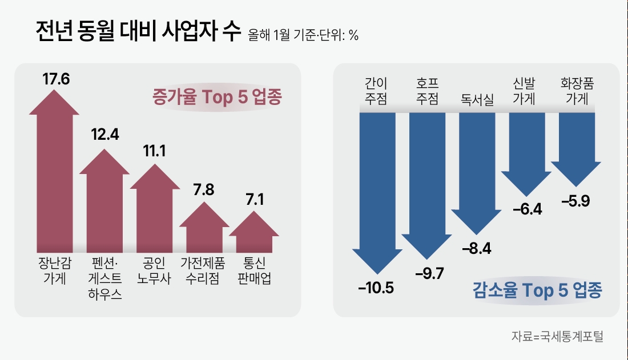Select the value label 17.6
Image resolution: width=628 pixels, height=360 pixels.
[55, 79]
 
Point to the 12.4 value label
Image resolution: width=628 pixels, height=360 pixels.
[104, 135]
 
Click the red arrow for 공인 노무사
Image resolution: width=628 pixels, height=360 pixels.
[155, 211]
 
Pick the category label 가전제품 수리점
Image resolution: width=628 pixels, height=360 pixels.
[203, 271]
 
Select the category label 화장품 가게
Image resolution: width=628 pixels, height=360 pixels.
[577, 91]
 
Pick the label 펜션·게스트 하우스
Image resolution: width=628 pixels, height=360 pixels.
[104, 279]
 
